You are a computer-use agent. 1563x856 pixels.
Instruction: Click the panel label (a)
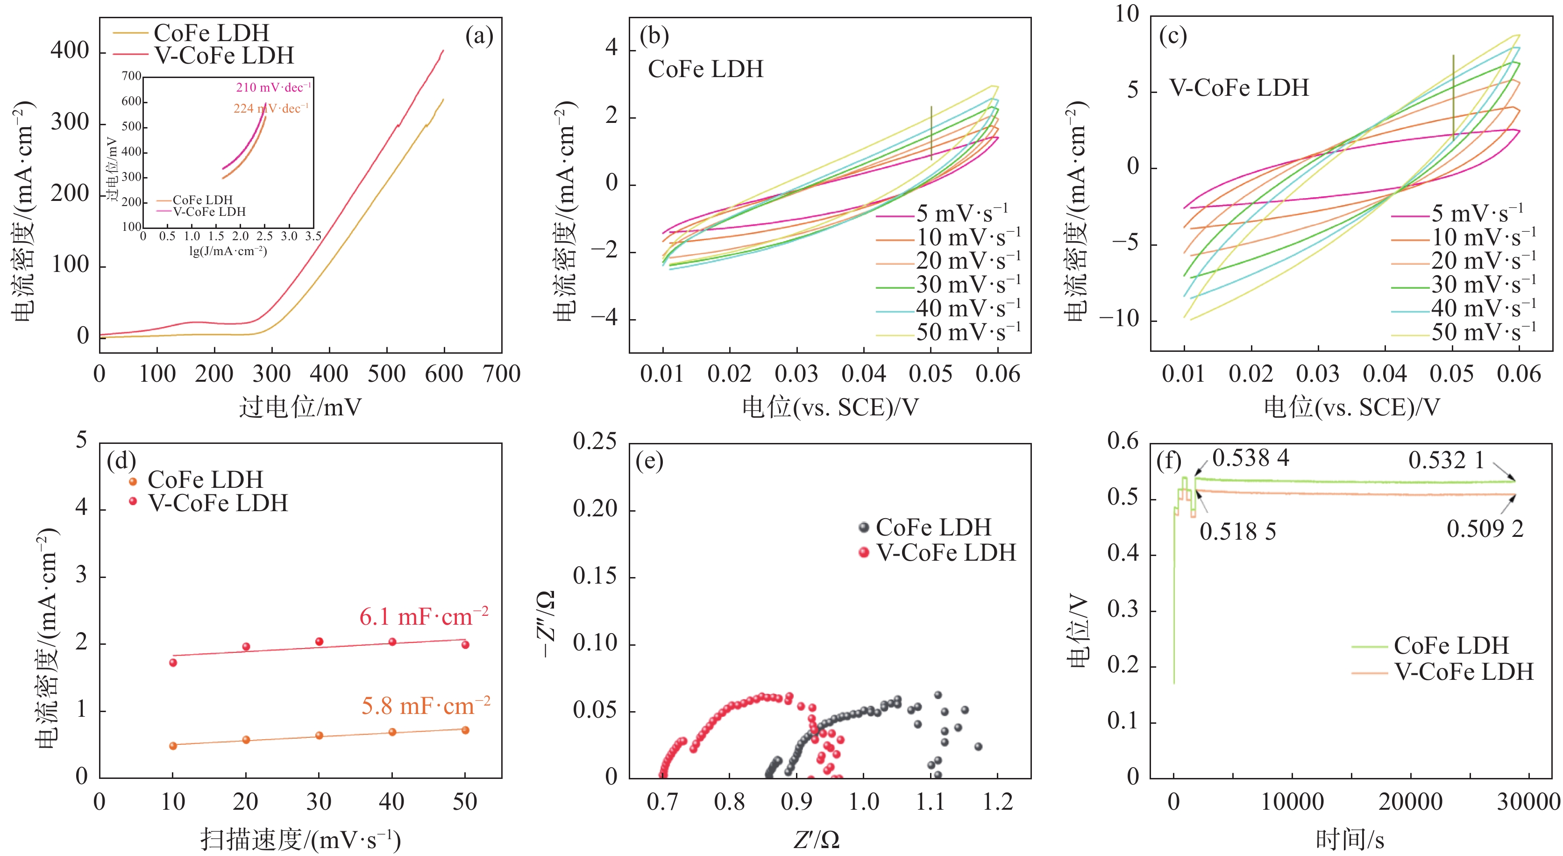pos(479,36)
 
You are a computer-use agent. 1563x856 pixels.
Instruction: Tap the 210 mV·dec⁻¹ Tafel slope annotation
pos(273,87)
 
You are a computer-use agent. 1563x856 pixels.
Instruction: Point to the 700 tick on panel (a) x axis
pos(502,374)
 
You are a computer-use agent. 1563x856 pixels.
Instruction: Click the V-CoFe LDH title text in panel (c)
pos(1238,88)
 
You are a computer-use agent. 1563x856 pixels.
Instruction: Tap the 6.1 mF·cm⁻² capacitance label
pos(424,617)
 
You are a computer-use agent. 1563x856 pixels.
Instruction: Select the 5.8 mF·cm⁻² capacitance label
pos(426,706)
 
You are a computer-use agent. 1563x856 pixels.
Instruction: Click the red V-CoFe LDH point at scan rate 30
pos(319,642)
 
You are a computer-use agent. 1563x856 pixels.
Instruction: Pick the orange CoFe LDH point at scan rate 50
pos(465,730)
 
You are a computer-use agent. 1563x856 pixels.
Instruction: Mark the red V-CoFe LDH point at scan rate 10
pos(173,663)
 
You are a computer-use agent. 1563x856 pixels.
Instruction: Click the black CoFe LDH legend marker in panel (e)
pos(864,527)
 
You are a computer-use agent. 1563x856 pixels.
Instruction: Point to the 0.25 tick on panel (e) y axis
pos(595,442)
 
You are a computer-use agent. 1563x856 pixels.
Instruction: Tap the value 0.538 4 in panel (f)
pos(1250,458)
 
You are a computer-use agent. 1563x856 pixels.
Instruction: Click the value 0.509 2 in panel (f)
pos(1484,529)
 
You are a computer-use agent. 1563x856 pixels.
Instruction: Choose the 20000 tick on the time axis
pos(1410,802)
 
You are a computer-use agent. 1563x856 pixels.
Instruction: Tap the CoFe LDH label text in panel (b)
pos(705,69)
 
